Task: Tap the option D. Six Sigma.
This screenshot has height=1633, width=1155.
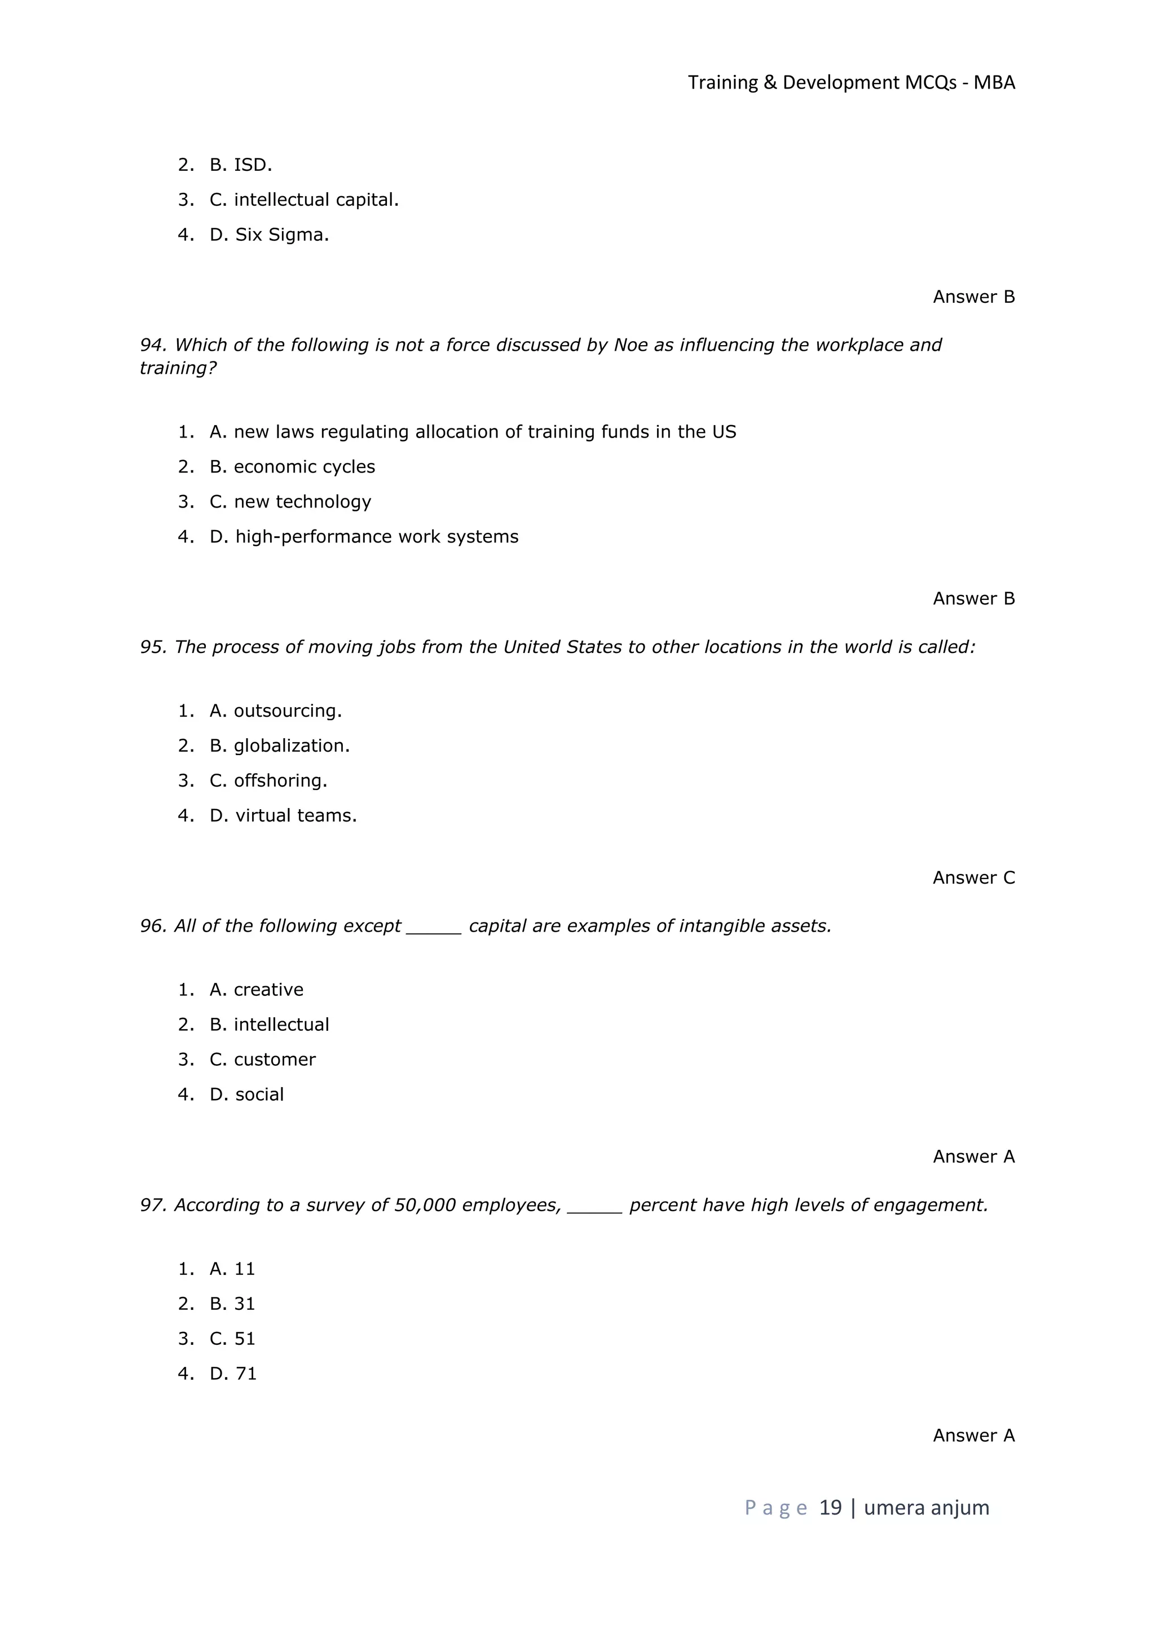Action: tap(269, 235)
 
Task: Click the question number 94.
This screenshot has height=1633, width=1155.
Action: tap(152, 345)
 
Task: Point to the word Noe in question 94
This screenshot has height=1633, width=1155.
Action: tap(630, 345)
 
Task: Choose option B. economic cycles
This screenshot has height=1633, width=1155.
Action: tap(292, 466)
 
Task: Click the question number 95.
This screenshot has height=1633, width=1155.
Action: tap(152, 647)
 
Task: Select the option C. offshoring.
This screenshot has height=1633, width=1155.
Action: tap(268, 780)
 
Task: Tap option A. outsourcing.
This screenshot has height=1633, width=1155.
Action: tap(275, 710)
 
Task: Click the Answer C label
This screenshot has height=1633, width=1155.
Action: tap(973, 877)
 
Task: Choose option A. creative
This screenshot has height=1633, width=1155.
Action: tap(256, 990)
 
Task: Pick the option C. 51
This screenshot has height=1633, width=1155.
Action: tap(232, 1339)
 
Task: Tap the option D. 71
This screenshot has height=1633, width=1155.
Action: tap(232, 1374)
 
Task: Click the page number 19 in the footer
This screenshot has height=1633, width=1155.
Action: tap(830, 1507)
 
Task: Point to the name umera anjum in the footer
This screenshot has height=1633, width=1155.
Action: tap(926, 1507)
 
